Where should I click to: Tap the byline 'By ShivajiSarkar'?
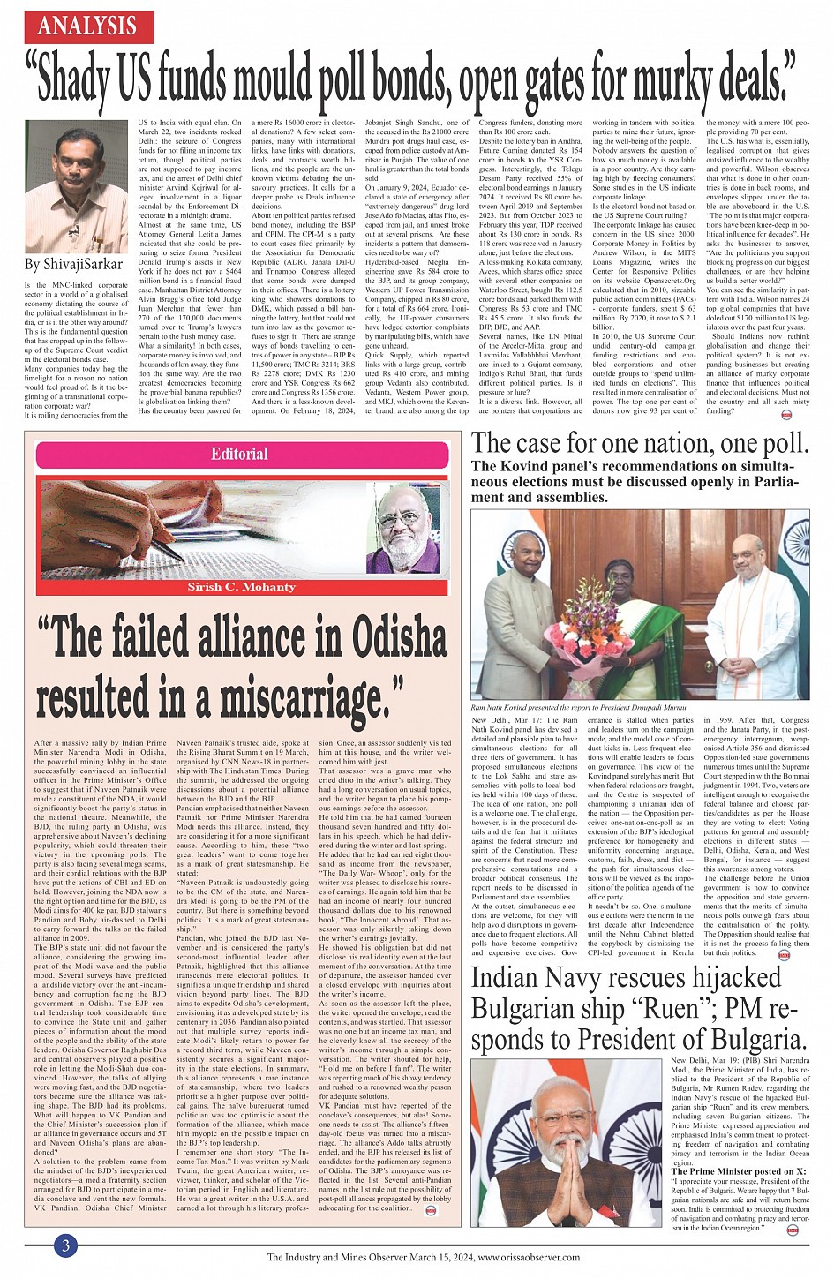[x=73, y=264]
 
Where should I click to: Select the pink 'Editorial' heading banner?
[x=239, y=454]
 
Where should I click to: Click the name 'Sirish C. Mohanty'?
[x=241, y=587]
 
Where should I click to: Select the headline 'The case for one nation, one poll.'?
[x=640, y=442]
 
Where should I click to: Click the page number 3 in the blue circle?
[x=64, y=1246]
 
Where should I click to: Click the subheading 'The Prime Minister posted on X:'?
[x=739, y=1170]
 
